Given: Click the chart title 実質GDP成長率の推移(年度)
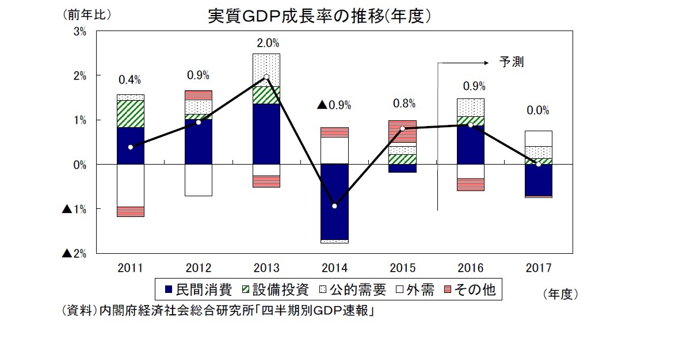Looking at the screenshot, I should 319,17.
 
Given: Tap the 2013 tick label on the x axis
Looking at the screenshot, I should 266,268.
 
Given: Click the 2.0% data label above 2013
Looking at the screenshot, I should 266,43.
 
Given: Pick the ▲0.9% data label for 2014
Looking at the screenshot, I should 334,105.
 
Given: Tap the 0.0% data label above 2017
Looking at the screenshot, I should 538,110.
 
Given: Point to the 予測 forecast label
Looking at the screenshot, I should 511,62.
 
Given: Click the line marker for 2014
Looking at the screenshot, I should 334,206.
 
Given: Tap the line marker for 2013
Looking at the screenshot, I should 266,77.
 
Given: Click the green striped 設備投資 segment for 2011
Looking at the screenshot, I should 130,114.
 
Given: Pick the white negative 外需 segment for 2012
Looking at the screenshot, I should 199,180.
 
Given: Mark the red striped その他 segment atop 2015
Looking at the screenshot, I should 402,131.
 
